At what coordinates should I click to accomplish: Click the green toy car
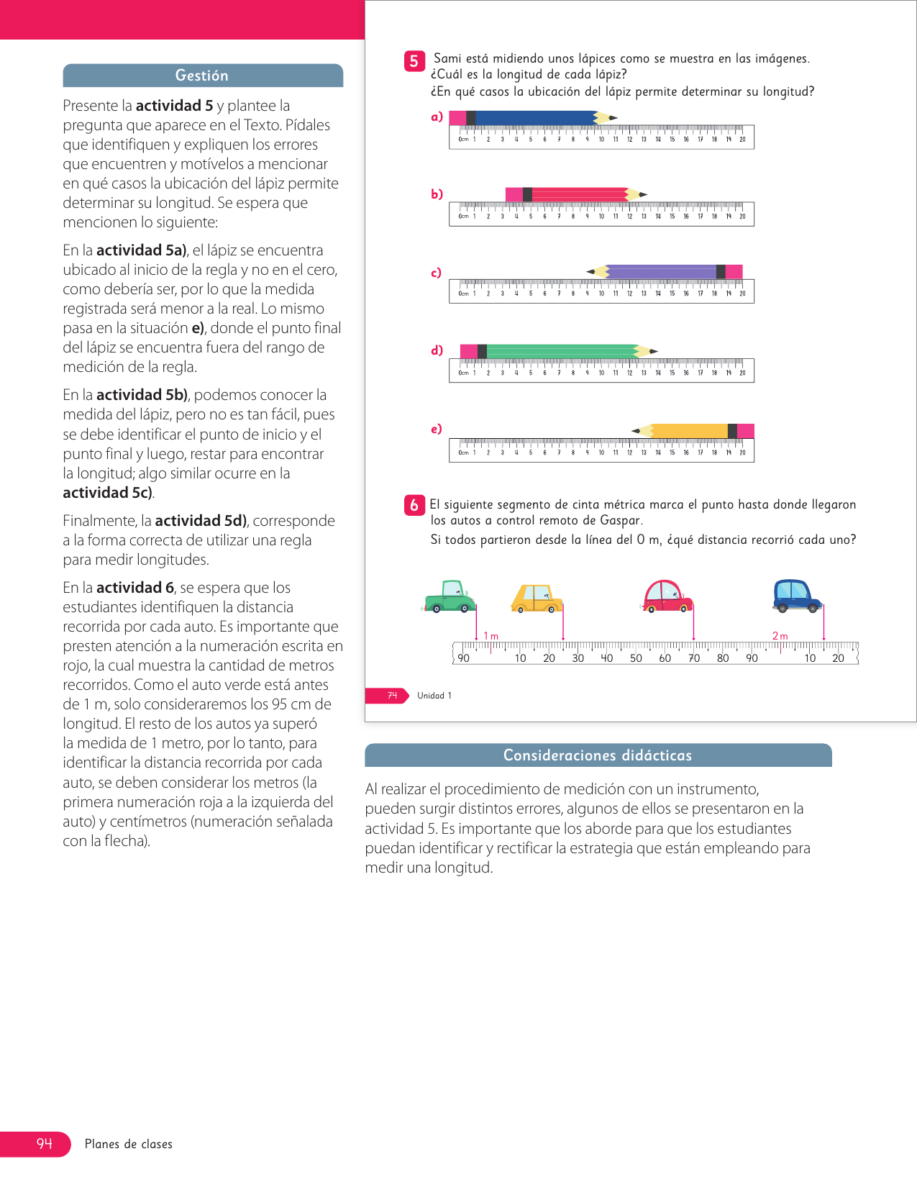[x=450, y=597]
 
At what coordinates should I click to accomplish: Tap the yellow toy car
[x=537, y=598]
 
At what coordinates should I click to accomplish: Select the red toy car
[x=667, y=596]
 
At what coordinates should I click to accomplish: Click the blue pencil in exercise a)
[x=532, y=118]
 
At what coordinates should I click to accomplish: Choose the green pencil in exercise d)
[x=558, y=351]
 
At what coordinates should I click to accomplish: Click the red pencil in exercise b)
[x=575, y=194]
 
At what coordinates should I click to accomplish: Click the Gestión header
[x=202, y=76]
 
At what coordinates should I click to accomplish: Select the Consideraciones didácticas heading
[x=597, y=755]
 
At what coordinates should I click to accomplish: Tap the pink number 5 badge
[x=414, y=61]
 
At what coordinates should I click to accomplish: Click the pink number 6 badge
[x=414, y=505]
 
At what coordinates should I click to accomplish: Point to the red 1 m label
[x=491, y=636]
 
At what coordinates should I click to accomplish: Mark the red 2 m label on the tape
[x=780, y=636]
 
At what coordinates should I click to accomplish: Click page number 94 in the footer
[x=45, y=1144]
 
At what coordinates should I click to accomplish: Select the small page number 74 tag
[x=392, y=696]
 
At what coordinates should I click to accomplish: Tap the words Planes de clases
[x=129, y=1144]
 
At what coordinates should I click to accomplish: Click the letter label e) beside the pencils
[x=437, y=429]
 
